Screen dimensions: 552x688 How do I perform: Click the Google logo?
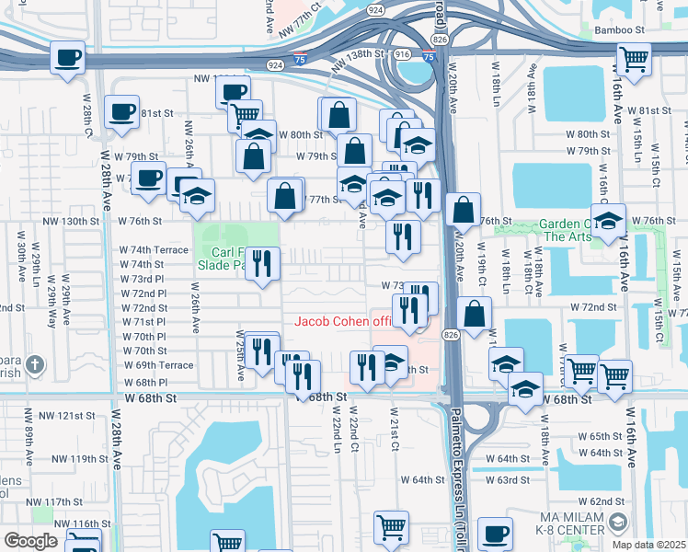pos(30,541)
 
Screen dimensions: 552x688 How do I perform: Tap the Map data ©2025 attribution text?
pos(648,545)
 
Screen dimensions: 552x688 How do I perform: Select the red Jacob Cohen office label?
pos(342,321)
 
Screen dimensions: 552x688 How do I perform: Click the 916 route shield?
pos(402,55)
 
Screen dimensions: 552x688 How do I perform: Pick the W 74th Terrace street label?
pos(154,249)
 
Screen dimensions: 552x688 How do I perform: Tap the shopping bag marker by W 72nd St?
pos(474,313)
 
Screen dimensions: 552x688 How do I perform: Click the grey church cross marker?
pos(35,364)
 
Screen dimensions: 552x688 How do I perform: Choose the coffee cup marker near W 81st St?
pos(121,111)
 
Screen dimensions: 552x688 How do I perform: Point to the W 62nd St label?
pos(608,500)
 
